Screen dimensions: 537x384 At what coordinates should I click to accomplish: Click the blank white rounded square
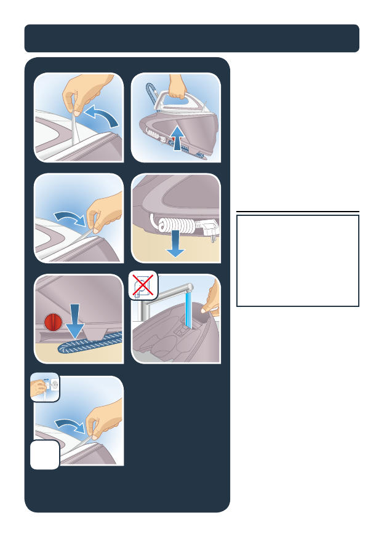46,454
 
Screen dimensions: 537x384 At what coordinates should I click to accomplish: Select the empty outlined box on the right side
297,260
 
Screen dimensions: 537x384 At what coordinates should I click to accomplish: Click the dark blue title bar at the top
191,38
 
